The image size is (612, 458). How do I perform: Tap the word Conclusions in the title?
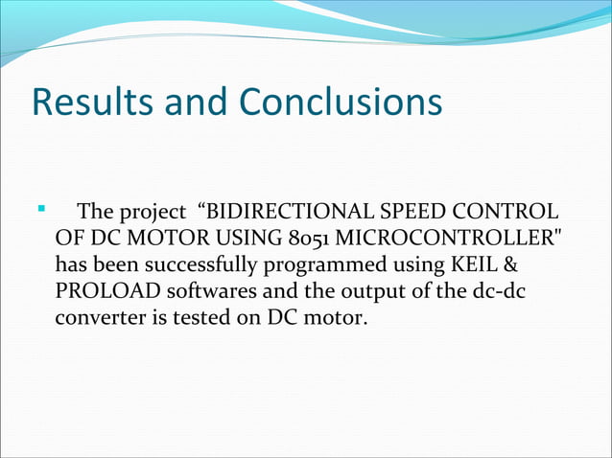(x=340, y=102)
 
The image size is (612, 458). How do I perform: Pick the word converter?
(x=96, y=316)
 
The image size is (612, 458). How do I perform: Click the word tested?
(x=188, y=316)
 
